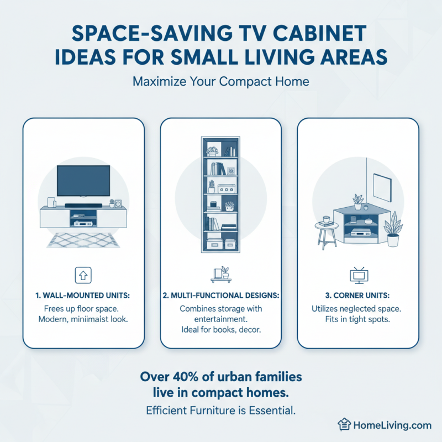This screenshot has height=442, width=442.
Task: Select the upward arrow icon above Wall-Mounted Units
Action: [x=83, y=275]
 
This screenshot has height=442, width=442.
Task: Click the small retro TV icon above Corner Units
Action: [x=358, y=275]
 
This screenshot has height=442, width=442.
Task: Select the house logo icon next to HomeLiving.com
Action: [x=345, y=425]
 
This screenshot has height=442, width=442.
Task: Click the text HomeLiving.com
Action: [x=391, y=425]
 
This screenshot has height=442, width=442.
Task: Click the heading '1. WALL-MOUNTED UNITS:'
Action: [x=83, y=296]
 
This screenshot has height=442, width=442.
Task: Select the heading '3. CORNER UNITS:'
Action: [x=358, y=296]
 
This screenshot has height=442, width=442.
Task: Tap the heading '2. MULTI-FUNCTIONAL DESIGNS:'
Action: [x=221, y=296]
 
